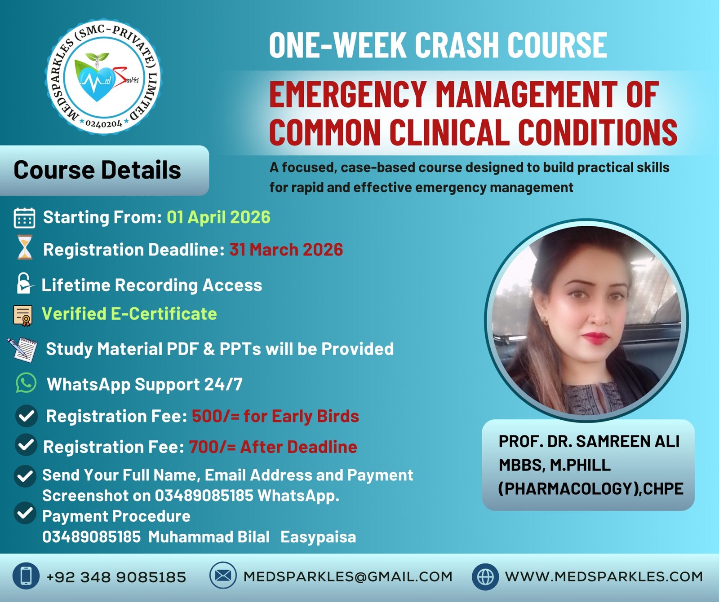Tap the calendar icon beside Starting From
24,218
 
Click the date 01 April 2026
218,217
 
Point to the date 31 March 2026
286,250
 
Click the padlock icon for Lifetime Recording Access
24,284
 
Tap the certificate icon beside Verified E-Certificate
23,316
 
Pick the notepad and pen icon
22,349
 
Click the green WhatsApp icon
26,384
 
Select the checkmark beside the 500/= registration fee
26,416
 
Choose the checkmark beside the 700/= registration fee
26,445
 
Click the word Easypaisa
318,537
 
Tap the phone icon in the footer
26,576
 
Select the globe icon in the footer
485,576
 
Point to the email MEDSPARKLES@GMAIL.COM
348,576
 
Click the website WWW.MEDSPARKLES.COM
604,576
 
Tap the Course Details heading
97,170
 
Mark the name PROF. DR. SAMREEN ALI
589,441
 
